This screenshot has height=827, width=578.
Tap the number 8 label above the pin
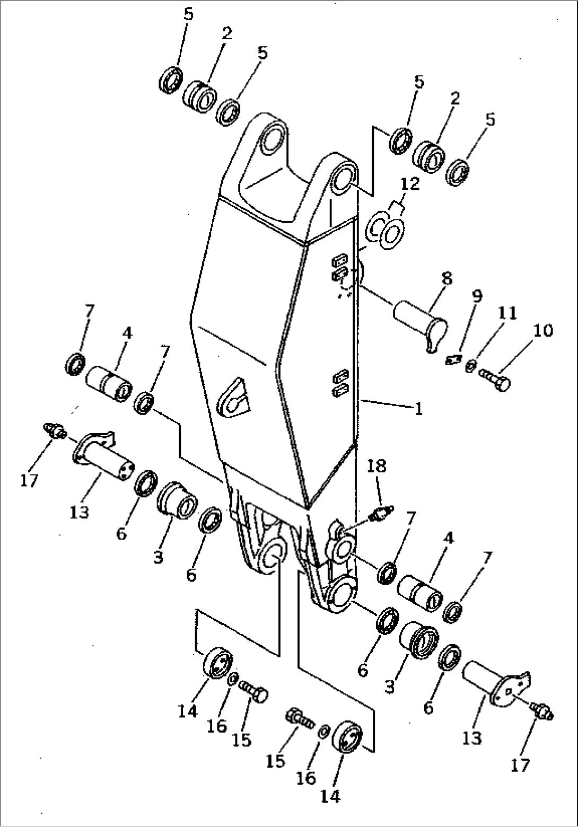point(446,278)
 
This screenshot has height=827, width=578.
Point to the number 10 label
point(544,330)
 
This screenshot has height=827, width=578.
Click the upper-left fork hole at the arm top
point(275,135)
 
